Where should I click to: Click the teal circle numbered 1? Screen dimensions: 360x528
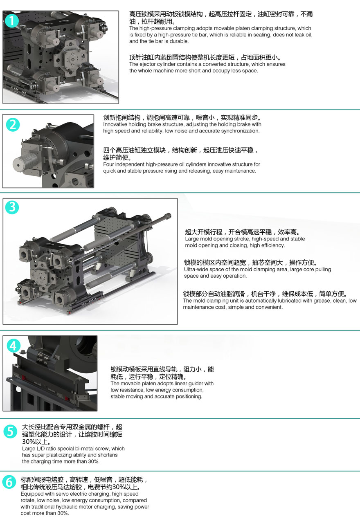point(11,21)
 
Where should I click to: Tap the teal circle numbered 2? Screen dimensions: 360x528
point(13,125)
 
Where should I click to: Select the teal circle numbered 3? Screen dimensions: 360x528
point(12,207)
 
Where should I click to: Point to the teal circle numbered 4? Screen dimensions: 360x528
point(13,346)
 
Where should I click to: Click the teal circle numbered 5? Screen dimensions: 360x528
point(10,431)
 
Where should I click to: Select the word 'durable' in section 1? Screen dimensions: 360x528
point(180,41)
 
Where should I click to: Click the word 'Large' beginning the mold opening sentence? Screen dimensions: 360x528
point(191,239)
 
